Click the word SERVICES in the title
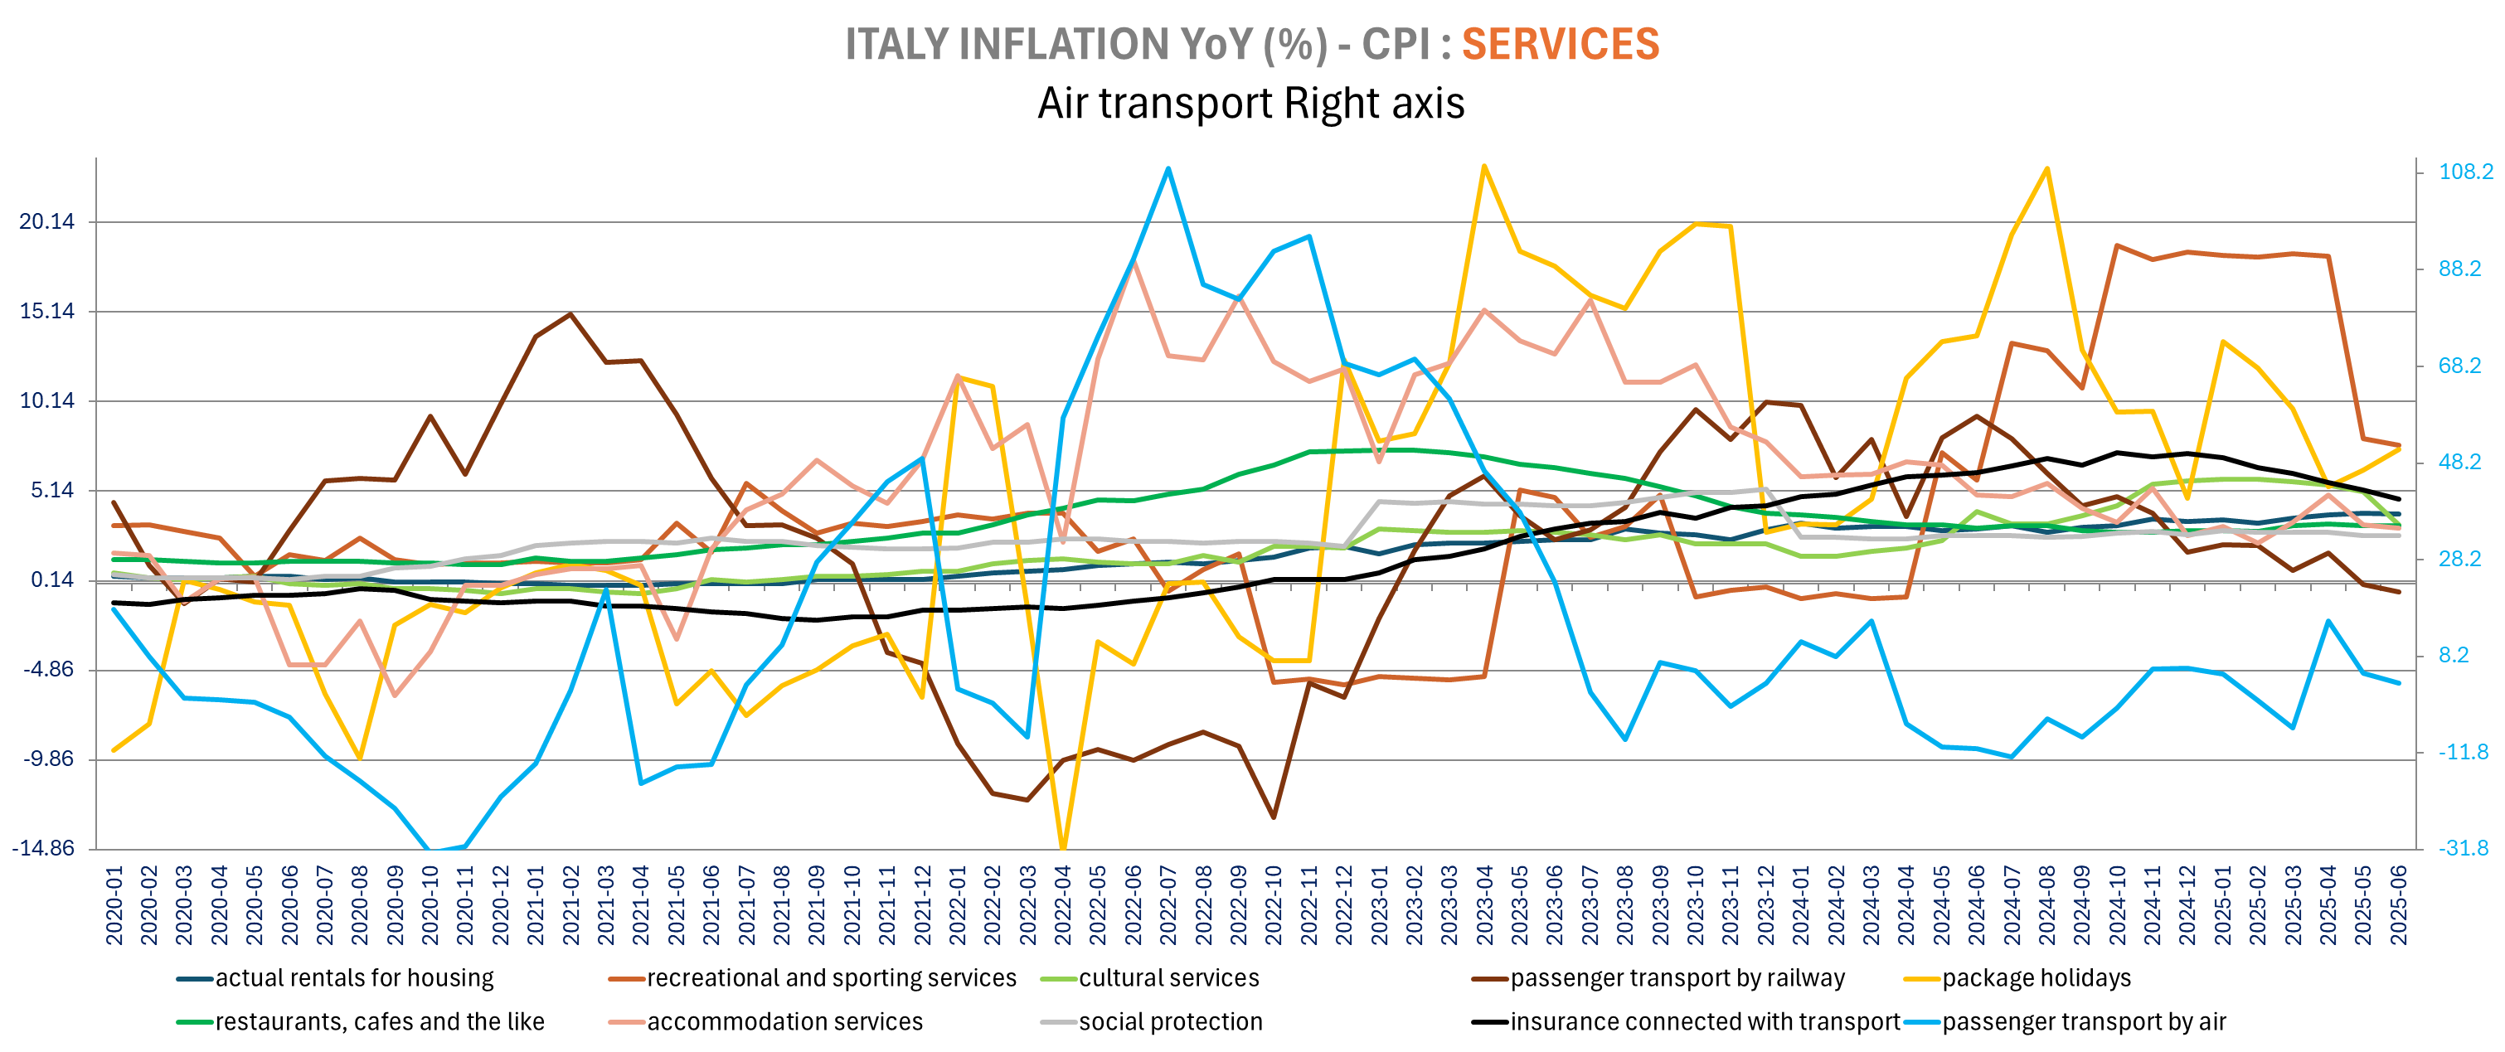pos(1560,45)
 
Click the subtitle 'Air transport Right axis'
pos(1250,104)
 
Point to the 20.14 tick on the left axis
pos(46,221)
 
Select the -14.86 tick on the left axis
pos(43,849)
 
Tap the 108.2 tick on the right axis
pos(2465,172)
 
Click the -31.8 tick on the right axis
pos(2464,849)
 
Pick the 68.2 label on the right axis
pos(2459,366)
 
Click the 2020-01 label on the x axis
pos(114,905)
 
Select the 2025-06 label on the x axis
pos(2399,905)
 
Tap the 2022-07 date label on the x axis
pos(1168,905)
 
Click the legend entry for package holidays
pos(2036,978)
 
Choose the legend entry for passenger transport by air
pos(2083,1022)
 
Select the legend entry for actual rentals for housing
pos(354,978)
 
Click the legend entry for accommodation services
pos(784,1022)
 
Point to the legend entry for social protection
pos(1170,1022)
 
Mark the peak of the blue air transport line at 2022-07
pos(1168,168)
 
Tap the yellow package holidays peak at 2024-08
pos(2047,168)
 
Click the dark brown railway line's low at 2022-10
pos(1273,817)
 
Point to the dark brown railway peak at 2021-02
pos(570,314)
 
